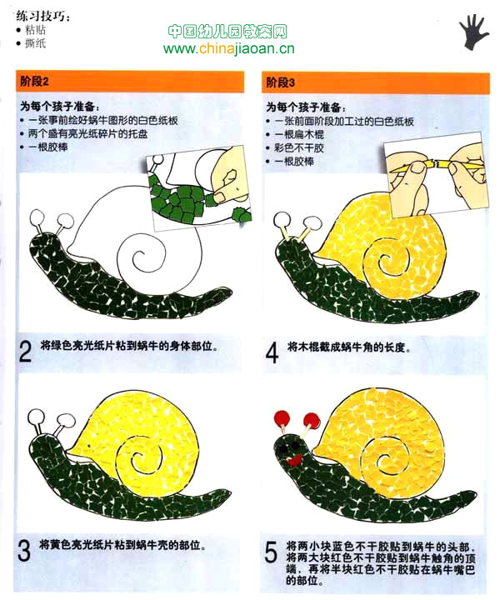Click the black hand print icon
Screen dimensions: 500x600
[473, 32]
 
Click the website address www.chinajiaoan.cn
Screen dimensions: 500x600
[229, 48]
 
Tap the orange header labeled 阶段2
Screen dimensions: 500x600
[130, 81]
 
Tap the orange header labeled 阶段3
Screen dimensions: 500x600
[375, 82]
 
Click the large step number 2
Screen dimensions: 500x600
[25, 352]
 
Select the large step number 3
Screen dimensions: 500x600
[24, 550]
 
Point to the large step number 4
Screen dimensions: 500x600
[272, 352]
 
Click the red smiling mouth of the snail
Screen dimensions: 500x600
[295, 459]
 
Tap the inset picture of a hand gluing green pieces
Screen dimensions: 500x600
[199, 188]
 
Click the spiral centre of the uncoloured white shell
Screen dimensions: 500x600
[139, 255]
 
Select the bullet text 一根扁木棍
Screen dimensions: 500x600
[299, 135]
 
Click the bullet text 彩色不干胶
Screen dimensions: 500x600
[299, 148]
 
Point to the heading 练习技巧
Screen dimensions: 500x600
[42, 17]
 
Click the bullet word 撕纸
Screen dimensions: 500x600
[36, 43]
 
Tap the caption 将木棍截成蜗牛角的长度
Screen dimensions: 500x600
[349, 347]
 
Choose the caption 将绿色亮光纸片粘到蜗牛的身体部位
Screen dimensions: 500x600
[129, 346]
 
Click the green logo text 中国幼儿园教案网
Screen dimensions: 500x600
[227, 32]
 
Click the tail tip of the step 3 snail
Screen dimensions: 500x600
[229, 492]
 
